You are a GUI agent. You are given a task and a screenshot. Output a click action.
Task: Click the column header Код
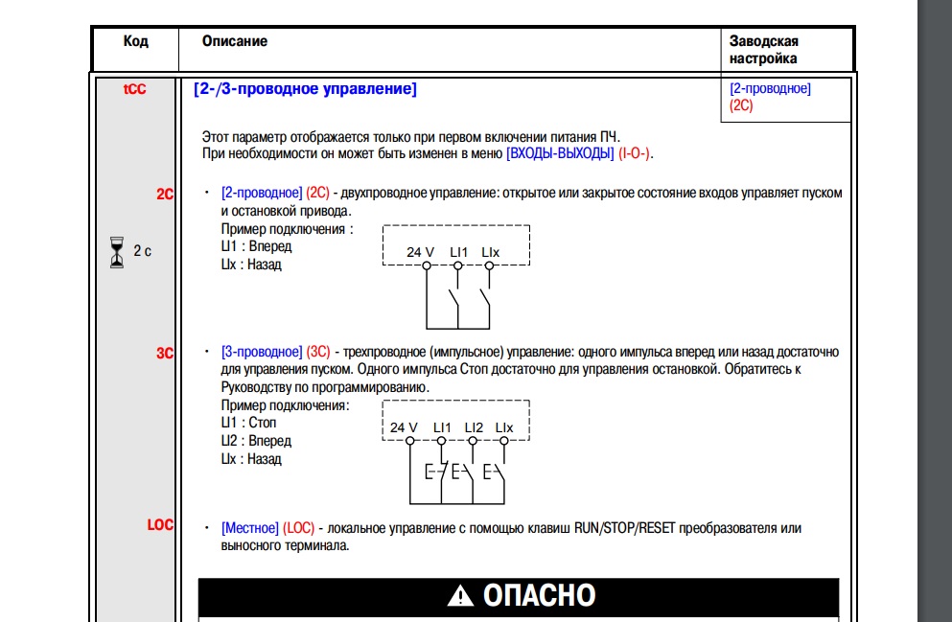(x=135, y=41)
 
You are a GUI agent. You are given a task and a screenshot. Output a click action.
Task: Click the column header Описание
(x=235, y=41)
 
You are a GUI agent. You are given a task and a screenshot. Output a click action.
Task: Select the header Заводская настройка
(x=764, y=49)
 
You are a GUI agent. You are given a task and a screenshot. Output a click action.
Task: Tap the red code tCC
(x=134, y=89)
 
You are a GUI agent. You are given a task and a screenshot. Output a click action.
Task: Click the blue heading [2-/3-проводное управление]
(x=304, y=89)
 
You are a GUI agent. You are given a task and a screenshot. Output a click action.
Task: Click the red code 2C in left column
(x=165, y=194)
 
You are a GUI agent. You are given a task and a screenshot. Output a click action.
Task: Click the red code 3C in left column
(x=165, y=353)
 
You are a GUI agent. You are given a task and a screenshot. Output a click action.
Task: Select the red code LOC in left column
(x=160, y=525)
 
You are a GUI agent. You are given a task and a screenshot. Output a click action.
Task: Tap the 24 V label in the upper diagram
(x=420, y=252)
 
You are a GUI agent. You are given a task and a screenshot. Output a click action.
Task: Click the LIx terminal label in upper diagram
(x=490, y=252)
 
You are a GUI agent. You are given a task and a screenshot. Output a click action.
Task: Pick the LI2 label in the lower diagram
(x=474, y=426)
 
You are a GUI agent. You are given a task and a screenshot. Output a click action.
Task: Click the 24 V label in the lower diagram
(x=404, y=426)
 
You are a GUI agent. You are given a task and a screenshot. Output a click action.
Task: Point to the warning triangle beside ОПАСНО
(x=460, y=596)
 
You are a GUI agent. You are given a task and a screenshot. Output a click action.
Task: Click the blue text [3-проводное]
(x=261, y=353)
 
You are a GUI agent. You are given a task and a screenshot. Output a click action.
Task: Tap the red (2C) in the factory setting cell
(x=741, y=105)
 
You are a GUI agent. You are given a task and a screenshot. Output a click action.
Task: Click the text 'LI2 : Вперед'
(x=256, y=441)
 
